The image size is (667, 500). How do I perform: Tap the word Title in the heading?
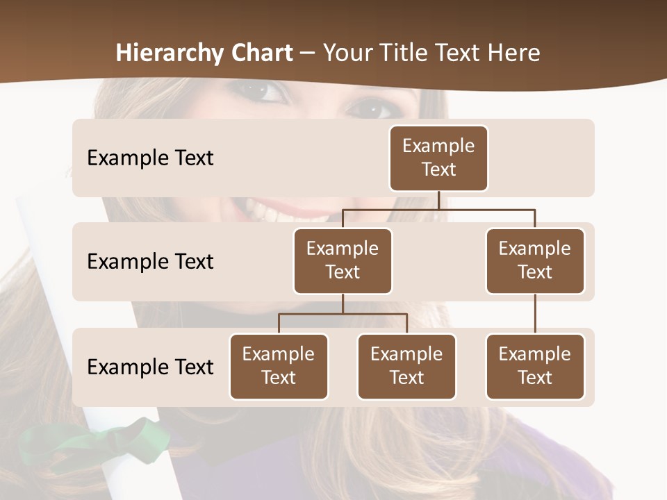coord(409,53)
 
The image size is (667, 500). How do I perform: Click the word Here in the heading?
coord(510,53)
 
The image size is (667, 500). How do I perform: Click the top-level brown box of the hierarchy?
coord(438,158)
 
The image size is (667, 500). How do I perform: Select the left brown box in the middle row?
coord(343,261)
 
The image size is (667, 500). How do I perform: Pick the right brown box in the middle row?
coord(535,261)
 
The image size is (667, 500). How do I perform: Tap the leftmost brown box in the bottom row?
coord(279,367)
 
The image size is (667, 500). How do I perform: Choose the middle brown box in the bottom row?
coord(406,367)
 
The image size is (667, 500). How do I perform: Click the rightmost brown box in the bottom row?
coord(535,367)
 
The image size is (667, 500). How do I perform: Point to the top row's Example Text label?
coord(150,158)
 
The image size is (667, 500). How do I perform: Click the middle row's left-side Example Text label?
coord(150,262)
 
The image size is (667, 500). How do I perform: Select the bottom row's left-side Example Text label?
coord(150,367)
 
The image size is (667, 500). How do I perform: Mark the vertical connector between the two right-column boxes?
coord(535,314)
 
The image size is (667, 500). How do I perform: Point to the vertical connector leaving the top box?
coord(438,200)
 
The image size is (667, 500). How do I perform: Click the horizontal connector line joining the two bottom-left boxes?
coord(343,314)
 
